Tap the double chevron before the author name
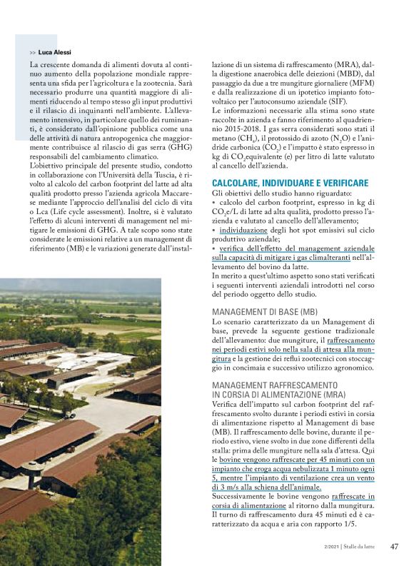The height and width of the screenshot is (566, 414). [33, 52]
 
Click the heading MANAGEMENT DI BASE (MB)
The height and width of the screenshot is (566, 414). [265, 313]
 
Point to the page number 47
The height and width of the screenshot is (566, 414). [394, 547]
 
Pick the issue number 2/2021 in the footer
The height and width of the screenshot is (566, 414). [330, 547]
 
